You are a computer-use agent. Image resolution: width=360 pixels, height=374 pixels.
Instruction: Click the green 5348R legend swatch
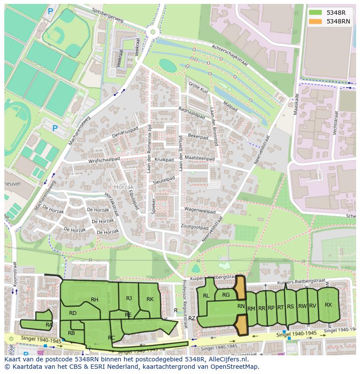pos(316,13)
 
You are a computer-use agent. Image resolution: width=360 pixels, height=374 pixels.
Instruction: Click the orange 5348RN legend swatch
pos(316,21)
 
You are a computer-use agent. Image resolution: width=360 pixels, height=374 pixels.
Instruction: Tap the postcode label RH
pos(94,299)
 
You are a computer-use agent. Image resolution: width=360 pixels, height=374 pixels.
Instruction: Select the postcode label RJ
pos(129,298)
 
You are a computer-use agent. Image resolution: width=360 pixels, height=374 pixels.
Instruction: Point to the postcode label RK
pos(150,299)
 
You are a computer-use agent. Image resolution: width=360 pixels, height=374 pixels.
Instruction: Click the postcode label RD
pos(73,313)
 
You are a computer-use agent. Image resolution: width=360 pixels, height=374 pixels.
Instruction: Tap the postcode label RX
pos(328,304)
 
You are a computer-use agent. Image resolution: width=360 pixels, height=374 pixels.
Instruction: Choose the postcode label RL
pos(206,296)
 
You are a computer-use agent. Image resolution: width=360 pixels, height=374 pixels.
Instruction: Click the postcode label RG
pos(226,295)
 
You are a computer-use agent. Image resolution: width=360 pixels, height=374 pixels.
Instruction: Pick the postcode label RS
pos(290,307)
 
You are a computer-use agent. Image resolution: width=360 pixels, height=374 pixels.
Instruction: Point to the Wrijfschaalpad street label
pos(104,159)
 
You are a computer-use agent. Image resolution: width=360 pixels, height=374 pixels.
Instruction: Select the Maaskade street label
pos(296,104)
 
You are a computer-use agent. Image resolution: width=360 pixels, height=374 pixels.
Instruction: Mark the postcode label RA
pos(49,324)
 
